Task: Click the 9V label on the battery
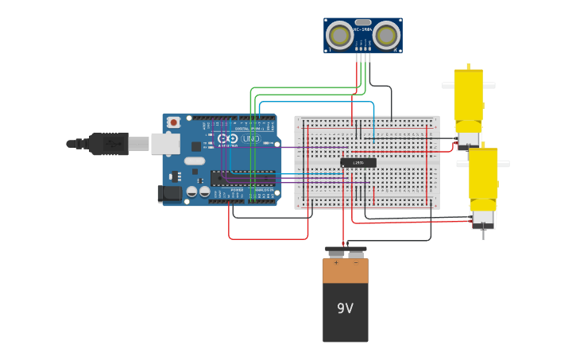pos(345,308)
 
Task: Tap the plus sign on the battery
pos(336,262)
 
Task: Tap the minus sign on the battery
pos(355,262)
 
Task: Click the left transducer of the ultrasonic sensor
pos(340,35)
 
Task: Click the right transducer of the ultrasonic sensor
pos(386,35)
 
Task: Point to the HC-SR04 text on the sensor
pos(363,29)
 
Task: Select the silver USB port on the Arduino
pos(165,143)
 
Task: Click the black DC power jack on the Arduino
pos(169,192)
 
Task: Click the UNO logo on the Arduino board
pos(250,139)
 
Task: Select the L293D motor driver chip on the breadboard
pos(358,163)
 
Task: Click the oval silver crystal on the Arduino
pos(195,161)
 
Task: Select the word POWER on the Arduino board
pos(237,191)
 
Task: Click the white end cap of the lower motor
pos(482,218)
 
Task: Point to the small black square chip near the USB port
pos(196,146)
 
